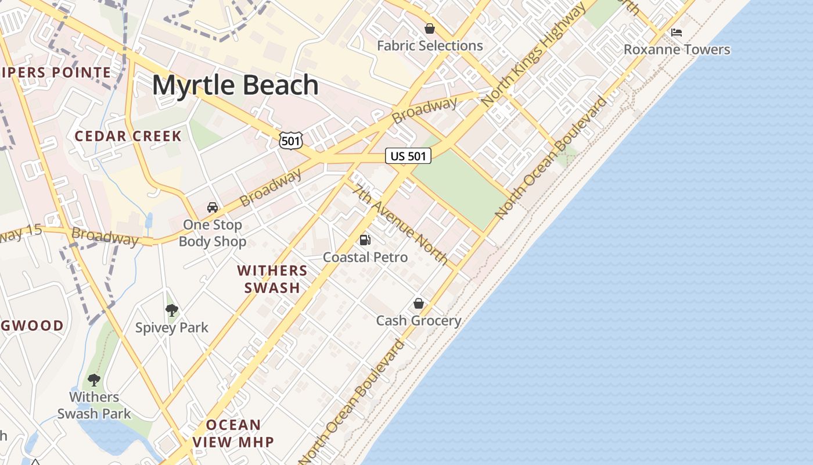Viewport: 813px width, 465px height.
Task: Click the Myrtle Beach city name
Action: tap(235, 85)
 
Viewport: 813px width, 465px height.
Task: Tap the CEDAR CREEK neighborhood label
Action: tap(128, 137)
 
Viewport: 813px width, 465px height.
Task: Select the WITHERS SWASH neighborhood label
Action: tap(272, 279)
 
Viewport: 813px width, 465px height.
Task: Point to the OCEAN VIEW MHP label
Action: tap(233, 433)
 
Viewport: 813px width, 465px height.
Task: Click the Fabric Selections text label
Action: tap(430, 45)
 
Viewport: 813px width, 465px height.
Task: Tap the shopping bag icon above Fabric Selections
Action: tap(430, 28)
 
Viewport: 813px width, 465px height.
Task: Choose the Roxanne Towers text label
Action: tap(677, 49)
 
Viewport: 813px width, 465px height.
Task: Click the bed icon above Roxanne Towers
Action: tap(677, 32)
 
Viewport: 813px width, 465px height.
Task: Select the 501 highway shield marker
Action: tap(290, 140)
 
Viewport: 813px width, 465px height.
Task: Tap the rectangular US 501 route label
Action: tap(408, 156)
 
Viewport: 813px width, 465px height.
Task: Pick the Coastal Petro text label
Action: tap(365, 257)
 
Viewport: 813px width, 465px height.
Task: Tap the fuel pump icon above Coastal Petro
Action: tap(365, 239)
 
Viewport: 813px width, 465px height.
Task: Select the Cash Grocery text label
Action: tap(419, 320)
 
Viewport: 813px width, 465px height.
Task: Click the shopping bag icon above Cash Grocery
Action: tap(419, 303)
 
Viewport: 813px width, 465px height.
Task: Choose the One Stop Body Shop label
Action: tap(213, 233)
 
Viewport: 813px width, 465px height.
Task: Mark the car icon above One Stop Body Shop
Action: tap(213, 208)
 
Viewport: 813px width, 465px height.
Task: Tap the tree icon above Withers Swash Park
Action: tap(93, 380)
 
